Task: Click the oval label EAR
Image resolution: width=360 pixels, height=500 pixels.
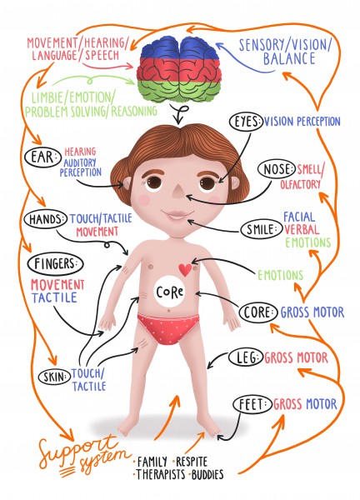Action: [x=42, y=157]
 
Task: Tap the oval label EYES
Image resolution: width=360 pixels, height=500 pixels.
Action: [x=247, y=122]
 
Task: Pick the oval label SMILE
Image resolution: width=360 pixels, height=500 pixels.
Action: [x=262, y=229]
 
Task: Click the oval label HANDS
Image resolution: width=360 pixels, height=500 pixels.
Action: [x=46, y=219]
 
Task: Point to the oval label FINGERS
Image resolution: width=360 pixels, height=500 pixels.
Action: [x=55, y=264]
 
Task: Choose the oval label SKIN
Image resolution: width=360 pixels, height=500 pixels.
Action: [x=54, y=377]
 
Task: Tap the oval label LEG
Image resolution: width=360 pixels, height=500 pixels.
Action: [x=246, y=357]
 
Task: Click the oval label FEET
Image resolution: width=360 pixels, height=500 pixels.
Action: [x=252, y=404]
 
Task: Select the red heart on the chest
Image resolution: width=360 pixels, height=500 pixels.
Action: [x=185, y=270]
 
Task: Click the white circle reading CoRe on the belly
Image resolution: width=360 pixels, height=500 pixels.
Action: [x=169, y=292]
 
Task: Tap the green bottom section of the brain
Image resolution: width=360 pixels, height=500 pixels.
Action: [x=178, y=91]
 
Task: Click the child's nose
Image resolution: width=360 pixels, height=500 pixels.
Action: [x=177, y=190]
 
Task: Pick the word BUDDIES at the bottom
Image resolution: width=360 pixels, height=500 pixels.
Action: [x=207, y=474]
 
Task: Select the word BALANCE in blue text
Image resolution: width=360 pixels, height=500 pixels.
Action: [x=289, y=59]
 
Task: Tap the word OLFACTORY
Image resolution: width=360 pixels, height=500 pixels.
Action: [x=300, y=184]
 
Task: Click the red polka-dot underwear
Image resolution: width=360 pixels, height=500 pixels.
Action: [x=168, y=328]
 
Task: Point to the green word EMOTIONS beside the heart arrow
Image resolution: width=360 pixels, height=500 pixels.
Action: [x=280, y=275]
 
